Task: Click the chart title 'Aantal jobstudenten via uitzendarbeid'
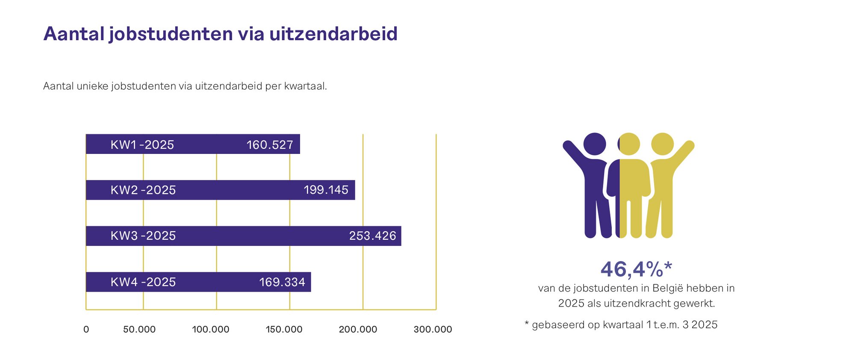[220, 34]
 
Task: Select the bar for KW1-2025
[193, 144]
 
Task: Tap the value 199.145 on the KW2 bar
[326, 190]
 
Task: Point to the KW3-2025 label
[143, 236]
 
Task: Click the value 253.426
[372, 236]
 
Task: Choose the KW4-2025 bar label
[143, 282]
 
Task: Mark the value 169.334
[282, 282]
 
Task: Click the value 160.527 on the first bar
[270, 145]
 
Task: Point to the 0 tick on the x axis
[86, 329]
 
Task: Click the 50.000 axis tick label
[139, 329]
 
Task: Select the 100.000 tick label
[211, 329]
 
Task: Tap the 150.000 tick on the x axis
[284, 329]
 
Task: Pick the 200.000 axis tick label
[358, 329]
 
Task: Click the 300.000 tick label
[433, 329]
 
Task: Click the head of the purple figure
[595, 144]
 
